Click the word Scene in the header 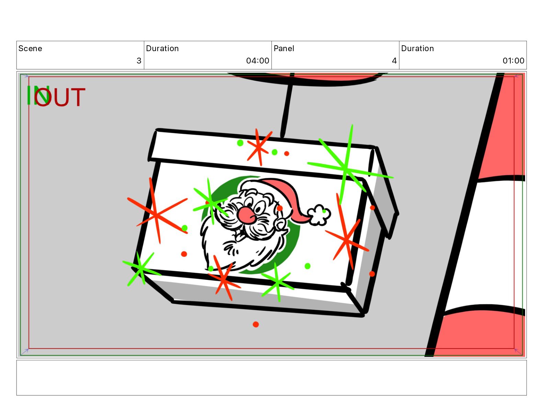pyautogui.click(x=30, y=48)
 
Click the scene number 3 pyautogui.click(x=139, y=60)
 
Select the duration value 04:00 pyautogui.click(x=257, y=60)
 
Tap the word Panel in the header pyautogui.click(x=284, y=48)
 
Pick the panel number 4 pyautogui.click(x=394, y=60)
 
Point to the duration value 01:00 pyautogui.click(x=513, y=60)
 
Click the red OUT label pyautogui.click(x=60, y=97)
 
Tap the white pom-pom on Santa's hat pyautogui.click(x=319, y=215)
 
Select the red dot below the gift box pyautogui.click(x=256, y=325)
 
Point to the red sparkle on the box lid pyautogui.click(x=259, y=147)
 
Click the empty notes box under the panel pyautogui.click(x=272, y=378)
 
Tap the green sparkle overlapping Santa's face pyautogui.click(x=211, y=203)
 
